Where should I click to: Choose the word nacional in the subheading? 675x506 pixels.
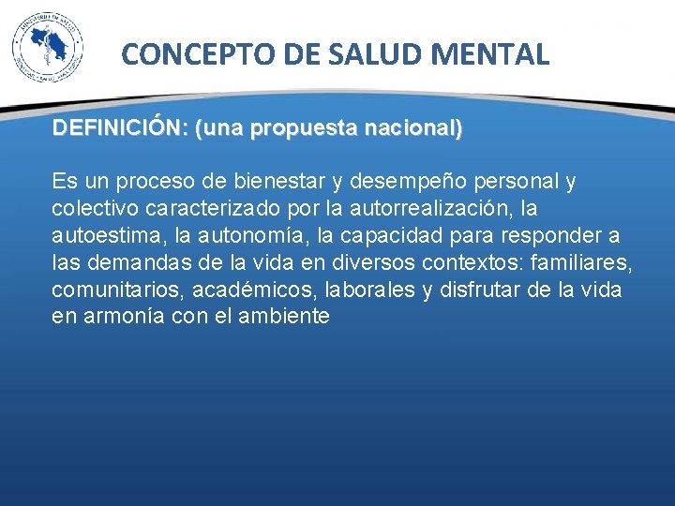tap(412, 128)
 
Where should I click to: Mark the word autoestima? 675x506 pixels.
tap(101, 234)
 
